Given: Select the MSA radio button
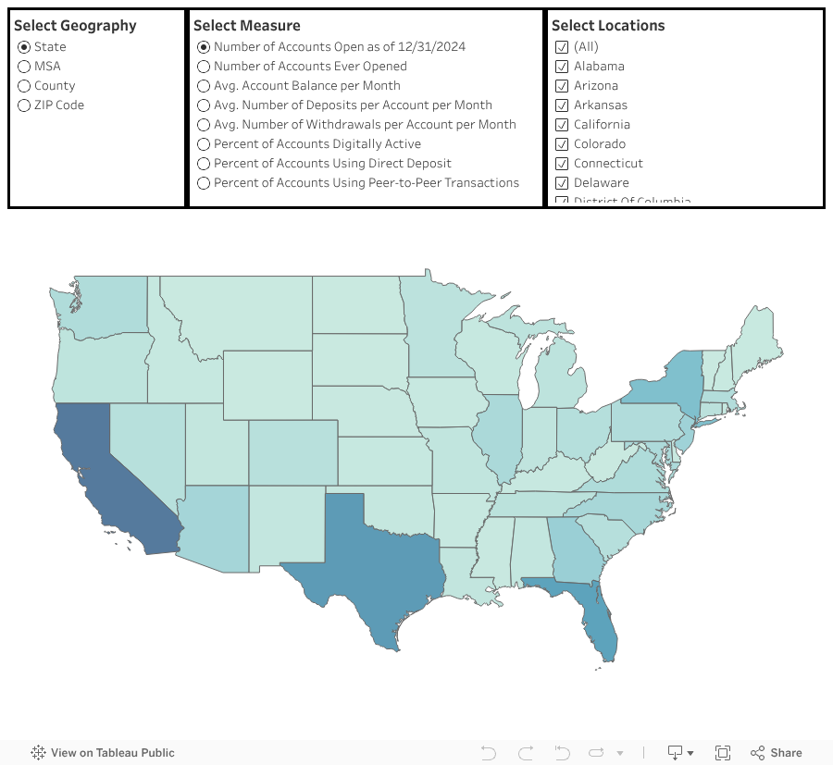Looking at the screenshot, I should (24, 67).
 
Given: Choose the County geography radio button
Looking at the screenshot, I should (24, 86).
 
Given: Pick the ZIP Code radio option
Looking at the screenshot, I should (24, 105).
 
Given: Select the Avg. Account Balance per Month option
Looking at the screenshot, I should (204, 86).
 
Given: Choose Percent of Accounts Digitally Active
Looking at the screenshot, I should (204, 144).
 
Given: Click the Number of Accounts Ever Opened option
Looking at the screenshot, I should (204, 67).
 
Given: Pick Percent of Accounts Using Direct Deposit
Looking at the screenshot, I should (204, 164).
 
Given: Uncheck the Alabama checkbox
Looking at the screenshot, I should (561, 67).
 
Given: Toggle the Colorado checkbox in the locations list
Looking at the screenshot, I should (561, 144).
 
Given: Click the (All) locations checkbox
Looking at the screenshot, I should (561, 47).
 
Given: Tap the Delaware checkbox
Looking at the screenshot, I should (561, 183).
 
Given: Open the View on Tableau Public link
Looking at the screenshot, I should (103, 753).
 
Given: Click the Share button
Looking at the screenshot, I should (777, 753).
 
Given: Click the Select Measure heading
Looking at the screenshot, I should (246, 26).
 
